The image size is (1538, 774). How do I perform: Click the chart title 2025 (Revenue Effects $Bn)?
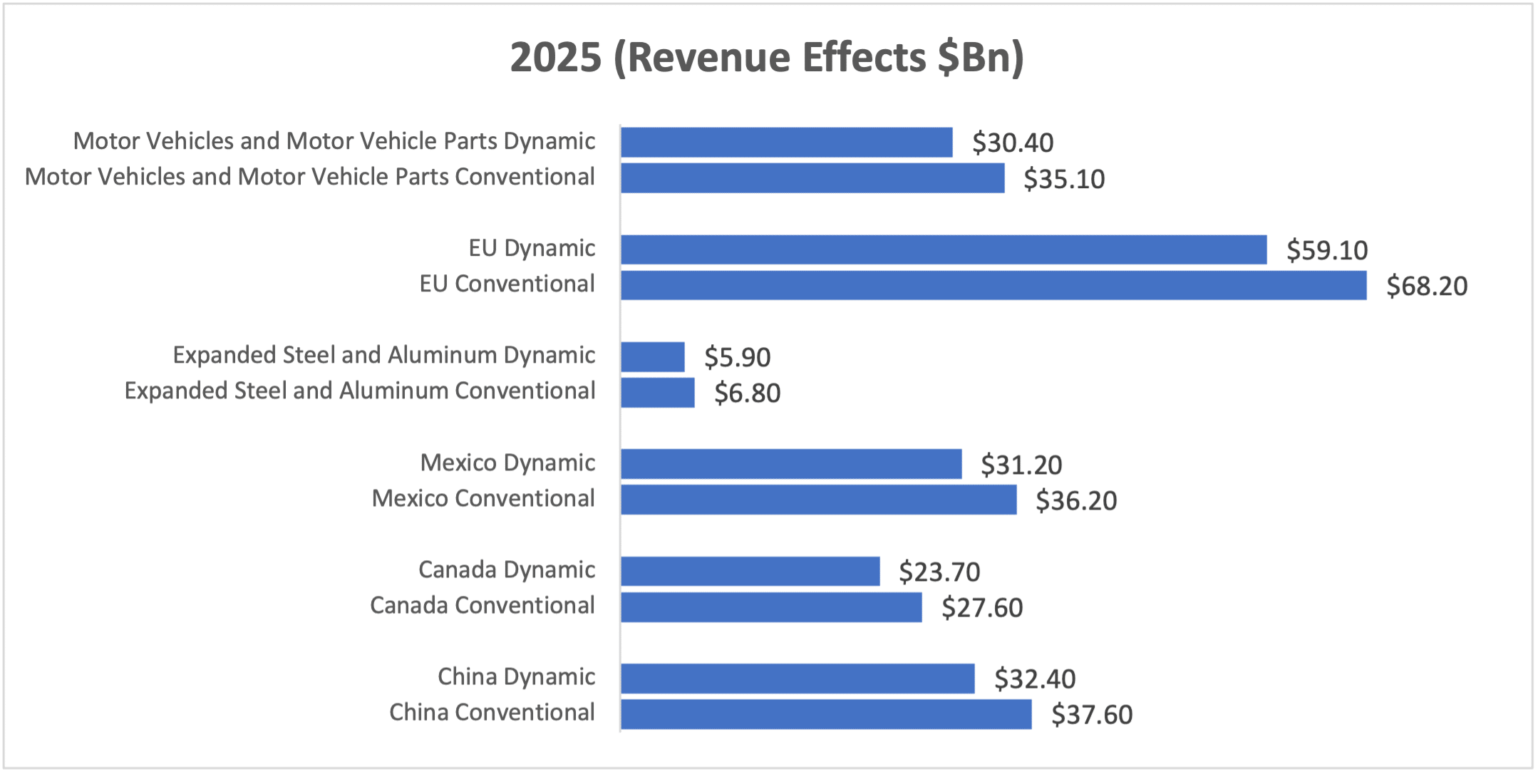coord(767,57)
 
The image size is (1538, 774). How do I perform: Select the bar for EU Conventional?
coord(993,285)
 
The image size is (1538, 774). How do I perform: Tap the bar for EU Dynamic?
coord(944,249)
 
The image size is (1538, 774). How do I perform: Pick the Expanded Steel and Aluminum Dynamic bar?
coord(653,357)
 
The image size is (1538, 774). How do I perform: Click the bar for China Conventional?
coord(826,714)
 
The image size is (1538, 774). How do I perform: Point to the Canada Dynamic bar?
coord(750,571)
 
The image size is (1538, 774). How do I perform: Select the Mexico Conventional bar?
coord(818,500)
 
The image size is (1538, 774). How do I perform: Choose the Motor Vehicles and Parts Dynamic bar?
coord(787,142)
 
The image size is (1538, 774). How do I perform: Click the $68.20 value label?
coord(1427,286)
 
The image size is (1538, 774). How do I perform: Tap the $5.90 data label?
coord(737,357)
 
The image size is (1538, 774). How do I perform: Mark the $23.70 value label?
coord(939,572)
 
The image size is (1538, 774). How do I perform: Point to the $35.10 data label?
coord(1064,179)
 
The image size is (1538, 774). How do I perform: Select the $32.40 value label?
coord(1035,678)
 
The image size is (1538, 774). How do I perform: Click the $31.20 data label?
coord(1021,465)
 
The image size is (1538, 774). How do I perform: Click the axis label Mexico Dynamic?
coord(507,463)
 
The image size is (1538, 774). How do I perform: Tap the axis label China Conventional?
coord(492,712)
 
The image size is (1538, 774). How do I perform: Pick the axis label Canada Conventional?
coord(482,605)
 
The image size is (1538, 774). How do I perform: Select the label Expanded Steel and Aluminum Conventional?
coord(360,391)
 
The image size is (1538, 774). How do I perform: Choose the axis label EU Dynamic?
coord(532,248)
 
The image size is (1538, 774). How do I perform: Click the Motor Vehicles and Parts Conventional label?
coord(310,177)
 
